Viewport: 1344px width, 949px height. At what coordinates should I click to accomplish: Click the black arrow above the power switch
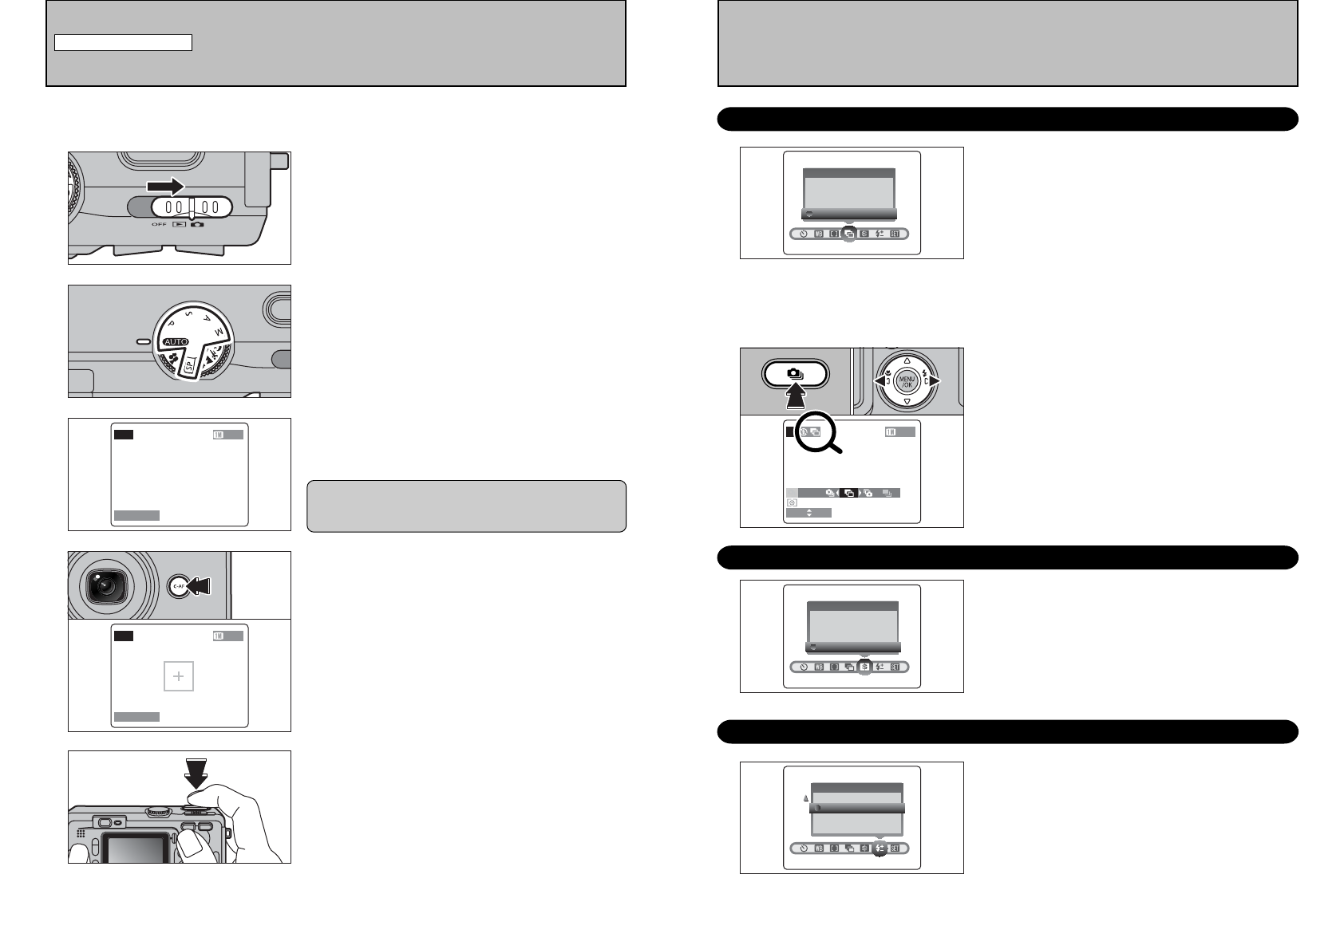pyautogui.click(x=165, y=186)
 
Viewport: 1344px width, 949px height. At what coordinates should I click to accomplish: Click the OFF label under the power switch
pyautogui.click(x=159, y=224)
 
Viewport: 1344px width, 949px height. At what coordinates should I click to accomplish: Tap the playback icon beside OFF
pyautogui.click(x=179, y=224)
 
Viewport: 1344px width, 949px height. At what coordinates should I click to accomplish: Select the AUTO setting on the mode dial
pyautogui.click(x=176, y=341)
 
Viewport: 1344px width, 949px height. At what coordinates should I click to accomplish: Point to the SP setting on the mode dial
pyautogui.click(x=190, y=368)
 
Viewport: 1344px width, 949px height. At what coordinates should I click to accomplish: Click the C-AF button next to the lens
pyautogui.click(x=178, y=586)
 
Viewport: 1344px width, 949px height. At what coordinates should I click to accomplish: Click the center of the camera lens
pyautogui.click(x=104, y=586)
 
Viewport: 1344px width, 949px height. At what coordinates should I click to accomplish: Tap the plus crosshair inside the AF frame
pyautogui.click(x=179, y=676)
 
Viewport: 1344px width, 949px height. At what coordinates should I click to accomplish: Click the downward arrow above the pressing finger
pyautogui.click(x=196, y=772)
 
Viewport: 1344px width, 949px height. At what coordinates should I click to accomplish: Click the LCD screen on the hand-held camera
pyautogui.click(x=137, y=849)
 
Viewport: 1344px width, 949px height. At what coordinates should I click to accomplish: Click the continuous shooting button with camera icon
pyautogui.click(x=796, y=373)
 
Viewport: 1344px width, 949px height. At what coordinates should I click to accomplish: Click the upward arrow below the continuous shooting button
pyautogui.click(x=796, y=396)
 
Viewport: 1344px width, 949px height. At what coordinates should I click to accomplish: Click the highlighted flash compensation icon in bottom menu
pyautogui.click(x=880, y=849)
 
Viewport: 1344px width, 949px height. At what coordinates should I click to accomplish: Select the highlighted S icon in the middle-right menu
pyautogui.click(x=864, y=667)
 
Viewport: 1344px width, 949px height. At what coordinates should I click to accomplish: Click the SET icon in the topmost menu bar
pyautogui.click(x=895, y=234)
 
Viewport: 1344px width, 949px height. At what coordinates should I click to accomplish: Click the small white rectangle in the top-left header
pyautogui.click(x=123, y=43)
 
